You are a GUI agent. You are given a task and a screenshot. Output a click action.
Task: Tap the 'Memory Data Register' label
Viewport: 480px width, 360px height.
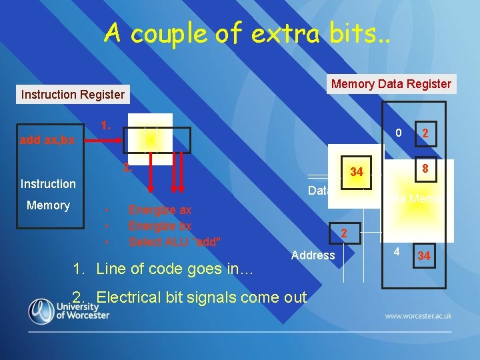[391, 84]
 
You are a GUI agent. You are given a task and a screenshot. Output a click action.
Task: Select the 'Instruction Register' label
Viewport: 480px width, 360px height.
[73, 95]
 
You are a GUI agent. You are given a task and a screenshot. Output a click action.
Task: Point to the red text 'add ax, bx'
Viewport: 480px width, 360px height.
[47, 141]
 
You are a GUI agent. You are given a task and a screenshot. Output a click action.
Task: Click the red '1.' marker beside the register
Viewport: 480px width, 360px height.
[105, 125]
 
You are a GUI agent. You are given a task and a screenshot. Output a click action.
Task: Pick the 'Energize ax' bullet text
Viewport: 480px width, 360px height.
[159, 210]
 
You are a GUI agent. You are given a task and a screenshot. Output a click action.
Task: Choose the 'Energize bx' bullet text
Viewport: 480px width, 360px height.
[159, 225]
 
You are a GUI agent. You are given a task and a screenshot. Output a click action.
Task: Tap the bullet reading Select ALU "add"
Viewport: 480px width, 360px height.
[175, 241]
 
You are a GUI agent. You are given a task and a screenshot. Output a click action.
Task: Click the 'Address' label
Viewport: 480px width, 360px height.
[313, 255]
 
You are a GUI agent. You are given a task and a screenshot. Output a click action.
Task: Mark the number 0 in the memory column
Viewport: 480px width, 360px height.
[397, 133]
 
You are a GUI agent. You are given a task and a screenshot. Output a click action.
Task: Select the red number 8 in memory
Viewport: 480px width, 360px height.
[423, 169]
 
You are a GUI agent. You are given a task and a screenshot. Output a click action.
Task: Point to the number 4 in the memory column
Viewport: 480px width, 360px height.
[396, 253]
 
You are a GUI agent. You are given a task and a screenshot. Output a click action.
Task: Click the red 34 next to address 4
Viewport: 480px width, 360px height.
[423, 256]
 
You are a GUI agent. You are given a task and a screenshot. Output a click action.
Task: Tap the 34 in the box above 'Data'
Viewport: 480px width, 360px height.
[357, 172]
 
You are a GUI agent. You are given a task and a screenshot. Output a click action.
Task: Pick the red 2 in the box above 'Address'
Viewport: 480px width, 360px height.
[344, 233]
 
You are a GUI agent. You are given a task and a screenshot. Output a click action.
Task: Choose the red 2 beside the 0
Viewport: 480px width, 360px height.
[424, 134]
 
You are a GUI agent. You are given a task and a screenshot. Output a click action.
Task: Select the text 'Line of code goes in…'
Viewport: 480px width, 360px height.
[171, 269]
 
